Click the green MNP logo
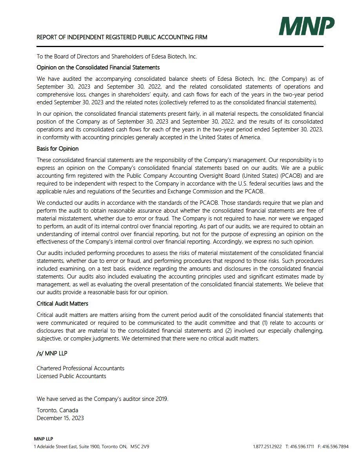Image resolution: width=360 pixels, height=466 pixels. point(307,26)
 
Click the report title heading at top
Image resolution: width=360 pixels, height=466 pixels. point(122,37)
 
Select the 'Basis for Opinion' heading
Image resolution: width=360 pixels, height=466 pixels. point(58,149)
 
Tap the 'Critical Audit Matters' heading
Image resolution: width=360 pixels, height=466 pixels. point(62,304)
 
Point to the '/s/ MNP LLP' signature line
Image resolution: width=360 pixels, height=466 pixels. point(52,353)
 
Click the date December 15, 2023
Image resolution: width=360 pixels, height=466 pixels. point(60,418)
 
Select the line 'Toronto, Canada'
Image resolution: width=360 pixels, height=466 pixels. point(58,410)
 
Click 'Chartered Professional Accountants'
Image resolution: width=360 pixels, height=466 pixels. point(80,368)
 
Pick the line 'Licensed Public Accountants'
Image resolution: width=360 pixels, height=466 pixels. point(71,376)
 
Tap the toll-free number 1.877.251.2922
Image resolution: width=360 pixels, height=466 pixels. point(267,446)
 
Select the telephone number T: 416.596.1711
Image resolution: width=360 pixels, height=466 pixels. point(300,446)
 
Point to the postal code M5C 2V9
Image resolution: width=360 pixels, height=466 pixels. point(140,446)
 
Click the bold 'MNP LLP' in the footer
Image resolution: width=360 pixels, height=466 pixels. point(44,439)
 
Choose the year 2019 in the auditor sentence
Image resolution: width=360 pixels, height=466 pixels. point(161,399)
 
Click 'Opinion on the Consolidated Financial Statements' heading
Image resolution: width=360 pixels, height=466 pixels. point(98,67)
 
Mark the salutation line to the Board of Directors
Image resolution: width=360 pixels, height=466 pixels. point(117,56)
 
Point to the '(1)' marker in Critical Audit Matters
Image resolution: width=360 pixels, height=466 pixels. point(265,323)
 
